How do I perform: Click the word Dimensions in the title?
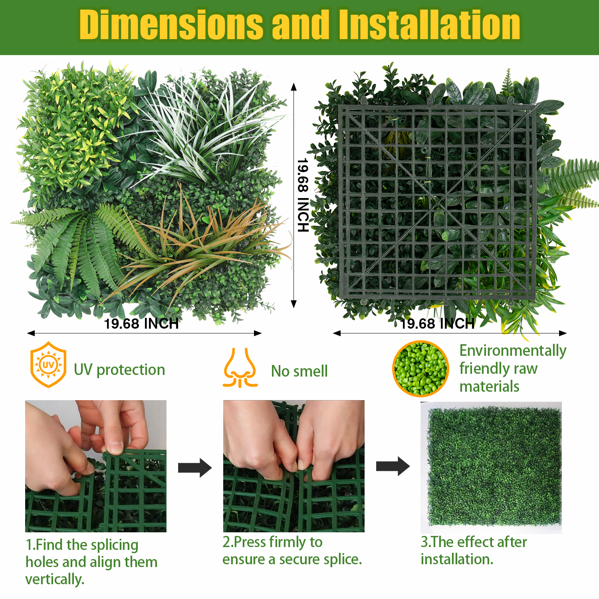171,25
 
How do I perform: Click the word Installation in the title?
430,25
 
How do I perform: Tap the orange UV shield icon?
48,365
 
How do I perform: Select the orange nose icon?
240,368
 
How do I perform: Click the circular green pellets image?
420,369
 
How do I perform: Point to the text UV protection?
119,370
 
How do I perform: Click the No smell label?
299,371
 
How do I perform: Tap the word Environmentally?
513,351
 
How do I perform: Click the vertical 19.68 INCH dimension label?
303,195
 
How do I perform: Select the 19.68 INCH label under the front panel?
141,323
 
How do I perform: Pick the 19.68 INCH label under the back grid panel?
438,323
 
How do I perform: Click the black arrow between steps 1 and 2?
195,468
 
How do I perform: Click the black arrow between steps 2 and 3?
393,466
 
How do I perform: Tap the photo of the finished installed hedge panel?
491,468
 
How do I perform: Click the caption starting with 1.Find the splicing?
91,562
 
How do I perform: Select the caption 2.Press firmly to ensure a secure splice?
292,551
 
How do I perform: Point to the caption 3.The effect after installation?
474,551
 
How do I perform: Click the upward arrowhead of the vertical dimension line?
294,87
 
